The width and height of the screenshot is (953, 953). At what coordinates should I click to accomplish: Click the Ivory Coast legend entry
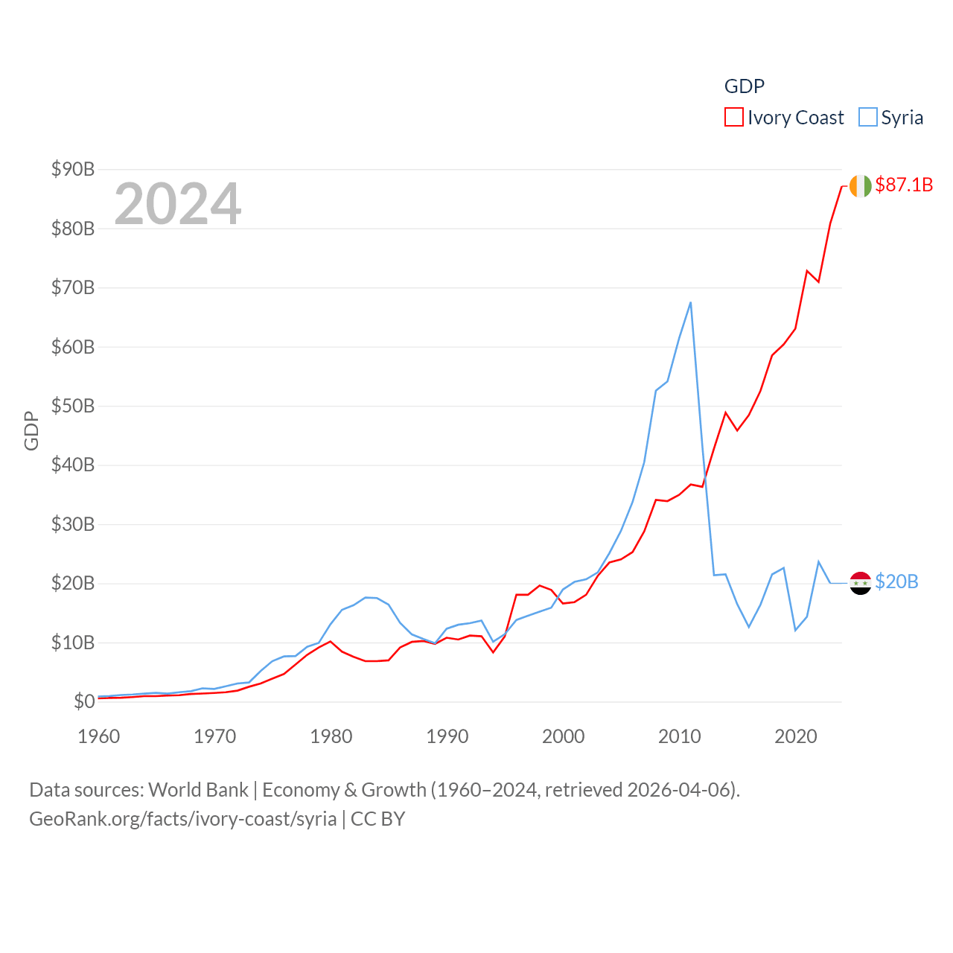(x=785, y=118)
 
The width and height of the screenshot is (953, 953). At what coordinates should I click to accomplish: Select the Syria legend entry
(x=891, y=118)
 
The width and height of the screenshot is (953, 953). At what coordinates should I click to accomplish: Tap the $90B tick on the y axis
(x=73, y=169)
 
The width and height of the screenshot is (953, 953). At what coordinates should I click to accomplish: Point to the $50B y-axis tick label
(x=73, y=406)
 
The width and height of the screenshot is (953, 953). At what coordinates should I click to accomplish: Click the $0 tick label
(x=84, y=701)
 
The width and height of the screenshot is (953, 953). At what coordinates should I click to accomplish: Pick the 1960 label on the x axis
(x=99, y=736)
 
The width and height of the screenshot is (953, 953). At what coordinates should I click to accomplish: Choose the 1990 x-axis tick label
(x=447, y=736)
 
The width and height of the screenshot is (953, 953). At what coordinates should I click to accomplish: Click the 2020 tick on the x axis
(x=796, y=736)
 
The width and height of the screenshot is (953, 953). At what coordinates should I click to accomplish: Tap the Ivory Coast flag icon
(x=860, y=185)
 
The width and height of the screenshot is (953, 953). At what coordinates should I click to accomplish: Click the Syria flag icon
(x=860, y=583)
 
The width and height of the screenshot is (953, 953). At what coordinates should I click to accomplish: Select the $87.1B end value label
(x=904, y=185)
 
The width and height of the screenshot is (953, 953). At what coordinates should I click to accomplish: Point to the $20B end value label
(x=896, y=581)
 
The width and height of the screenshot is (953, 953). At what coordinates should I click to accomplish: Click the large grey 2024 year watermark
(x=178, y=203)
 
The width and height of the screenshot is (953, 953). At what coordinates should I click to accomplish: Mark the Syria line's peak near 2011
(x=690, y=302)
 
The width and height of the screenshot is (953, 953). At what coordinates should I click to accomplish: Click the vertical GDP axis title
(x=31, y=430)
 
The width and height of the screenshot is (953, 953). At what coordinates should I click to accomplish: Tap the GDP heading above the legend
(x=745, y=86)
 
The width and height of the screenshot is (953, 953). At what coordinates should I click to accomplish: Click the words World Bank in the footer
(x=198, y=789)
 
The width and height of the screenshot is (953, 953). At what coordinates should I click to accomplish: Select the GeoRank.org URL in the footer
(x=183, y=819)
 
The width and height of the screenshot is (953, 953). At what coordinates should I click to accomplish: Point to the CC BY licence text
(x=377, y=819)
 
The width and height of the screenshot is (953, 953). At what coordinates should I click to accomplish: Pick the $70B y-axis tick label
(x=73, y=287)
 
